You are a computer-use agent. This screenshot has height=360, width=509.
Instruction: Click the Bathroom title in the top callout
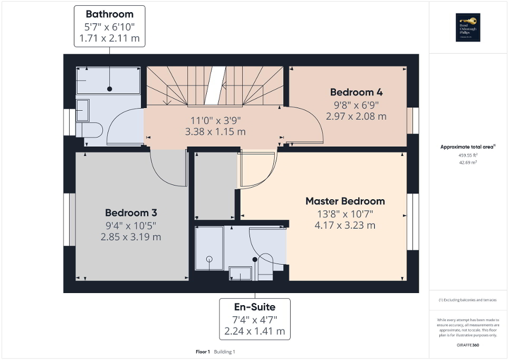click(109, 14)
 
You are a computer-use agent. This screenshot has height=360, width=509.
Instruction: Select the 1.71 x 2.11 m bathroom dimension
click(109, 38)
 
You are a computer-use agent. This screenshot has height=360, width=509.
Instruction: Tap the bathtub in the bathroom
click(108, 81)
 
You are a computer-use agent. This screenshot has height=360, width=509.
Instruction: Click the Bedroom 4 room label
click(356, 92)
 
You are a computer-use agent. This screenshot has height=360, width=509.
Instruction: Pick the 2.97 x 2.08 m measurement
click(356, 116)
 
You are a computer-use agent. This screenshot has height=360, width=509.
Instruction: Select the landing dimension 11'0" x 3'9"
click(216, 120)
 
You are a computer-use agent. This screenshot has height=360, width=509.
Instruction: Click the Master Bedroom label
click(345, 201)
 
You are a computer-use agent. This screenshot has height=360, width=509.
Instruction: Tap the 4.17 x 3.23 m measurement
click(345, 226)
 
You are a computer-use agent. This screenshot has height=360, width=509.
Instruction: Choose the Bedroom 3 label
click(131, 213)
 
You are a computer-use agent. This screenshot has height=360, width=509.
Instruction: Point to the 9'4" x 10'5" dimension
click(131, 225)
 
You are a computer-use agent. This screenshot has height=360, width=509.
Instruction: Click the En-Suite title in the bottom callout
click(255, 307)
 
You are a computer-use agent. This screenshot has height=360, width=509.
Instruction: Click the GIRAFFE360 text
click(468, 345)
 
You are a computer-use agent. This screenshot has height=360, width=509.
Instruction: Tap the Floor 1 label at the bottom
click(203, 352)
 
